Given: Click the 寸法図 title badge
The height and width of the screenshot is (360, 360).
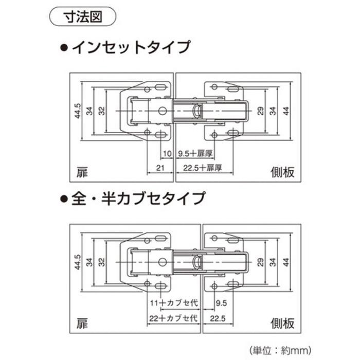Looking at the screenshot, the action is pyautogui.click(x=83, y=17).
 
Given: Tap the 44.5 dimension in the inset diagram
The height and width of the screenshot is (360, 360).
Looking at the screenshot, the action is pyautogui.click(x=78, y=111).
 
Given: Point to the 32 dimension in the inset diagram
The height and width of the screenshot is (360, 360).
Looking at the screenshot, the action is pyautogui.click(x=102, y=111).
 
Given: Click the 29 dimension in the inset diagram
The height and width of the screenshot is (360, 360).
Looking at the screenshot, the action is pyautogui.click(x=261, y=111).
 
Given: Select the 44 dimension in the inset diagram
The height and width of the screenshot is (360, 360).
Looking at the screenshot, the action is pyautogui.click(x=286, y=111).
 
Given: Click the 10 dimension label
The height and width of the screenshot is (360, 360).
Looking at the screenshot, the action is pyautogui.click(x=167, y=154).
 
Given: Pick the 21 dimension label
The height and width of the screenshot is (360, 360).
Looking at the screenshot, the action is pyautogui.click(x=160, y=168).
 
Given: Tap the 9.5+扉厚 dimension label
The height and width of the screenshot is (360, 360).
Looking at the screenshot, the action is pyautogui.click(x=195, y=153).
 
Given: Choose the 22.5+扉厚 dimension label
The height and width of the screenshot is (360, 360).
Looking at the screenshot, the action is pyautogui.click(x=203, y=168).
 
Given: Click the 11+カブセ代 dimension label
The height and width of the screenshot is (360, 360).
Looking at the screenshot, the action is pyautogui.click(x=174, y=303).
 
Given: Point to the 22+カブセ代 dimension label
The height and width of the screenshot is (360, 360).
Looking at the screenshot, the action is pyautogui.click(x=173, y=318).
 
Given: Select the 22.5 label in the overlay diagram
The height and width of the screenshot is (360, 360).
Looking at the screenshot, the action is pyautogui.click(x=218, y=318).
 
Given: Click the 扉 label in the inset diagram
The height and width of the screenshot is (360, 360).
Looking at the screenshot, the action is pyautogui.click(x=82, y=172).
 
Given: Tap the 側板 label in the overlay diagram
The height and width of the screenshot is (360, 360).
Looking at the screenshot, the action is pyautogui.click(x=282, y=323).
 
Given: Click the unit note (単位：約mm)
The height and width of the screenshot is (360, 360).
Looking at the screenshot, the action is pyautogui.click(x=280, y=350).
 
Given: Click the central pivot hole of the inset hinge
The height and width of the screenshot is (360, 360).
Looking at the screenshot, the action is pyautogui.click(x=163, y=111).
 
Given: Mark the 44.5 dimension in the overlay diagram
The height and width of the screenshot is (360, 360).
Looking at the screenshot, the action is pyautogui.click(x=78, y=262).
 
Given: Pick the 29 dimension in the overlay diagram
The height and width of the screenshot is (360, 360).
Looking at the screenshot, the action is pyautogui.click(x=261, y=262).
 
